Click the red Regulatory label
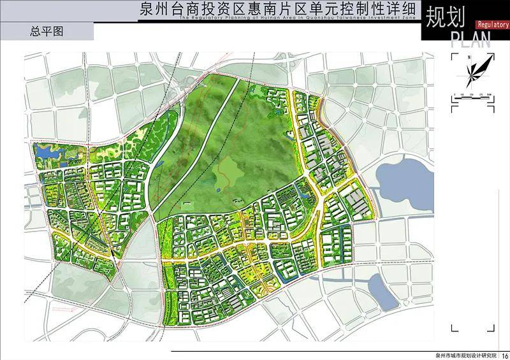(492, 24)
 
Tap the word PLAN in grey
(471, 41)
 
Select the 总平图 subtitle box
(48, 30)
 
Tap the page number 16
(504, 355)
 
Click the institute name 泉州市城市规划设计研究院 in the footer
(465, 355)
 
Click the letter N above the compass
(469, 57)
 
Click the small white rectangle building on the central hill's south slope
(187, 205)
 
